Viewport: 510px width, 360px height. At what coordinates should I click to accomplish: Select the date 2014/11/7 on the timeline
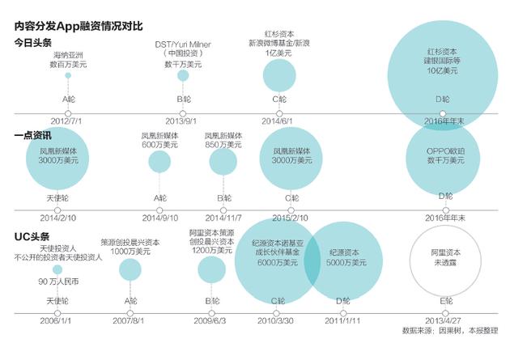pos(223,218)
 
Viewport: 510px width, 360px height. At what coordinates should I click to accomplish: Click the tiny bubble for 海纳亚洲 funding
pos(68,75)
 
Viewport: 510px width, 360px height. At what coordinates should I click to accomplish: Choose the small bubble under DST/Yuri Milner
pos(182,74)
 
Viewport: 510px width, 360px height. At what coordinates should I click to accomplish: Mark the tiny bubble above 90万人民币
pos(56,269)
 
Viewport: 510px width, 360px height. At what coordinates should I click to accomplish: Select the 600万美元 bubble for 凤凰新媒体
pos(159,162)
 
